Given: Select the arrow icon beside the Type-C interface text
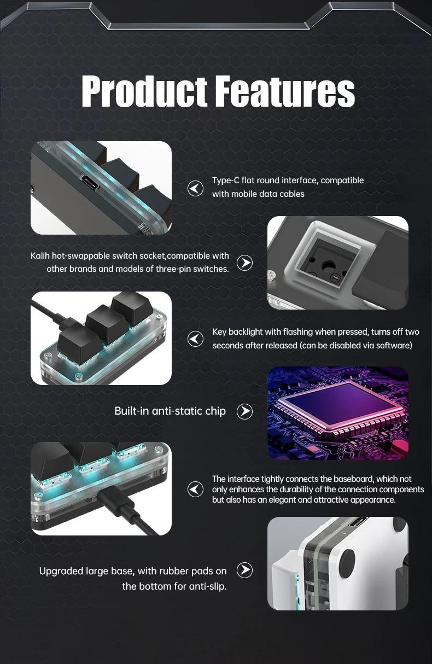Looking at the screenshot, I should [x=195, y=188].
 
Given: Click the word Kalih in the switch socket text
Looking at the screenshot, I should [x=40, y=256].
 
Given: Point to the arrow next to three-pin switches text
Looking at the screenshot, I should [x=244, y=263].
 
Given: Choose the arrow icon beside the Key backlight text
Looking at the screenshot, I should [x=195, y=339].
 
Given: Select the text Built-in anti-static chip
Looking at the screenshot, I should [x=170, y=411].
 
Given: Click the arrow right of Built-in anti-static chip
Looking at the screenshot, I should [x=244, y=412].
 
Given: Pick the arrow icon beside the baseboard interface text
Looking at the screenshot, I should [x=195, y=489].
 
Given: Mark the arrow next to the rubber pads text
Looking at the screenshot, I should [x=244, y=570].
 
